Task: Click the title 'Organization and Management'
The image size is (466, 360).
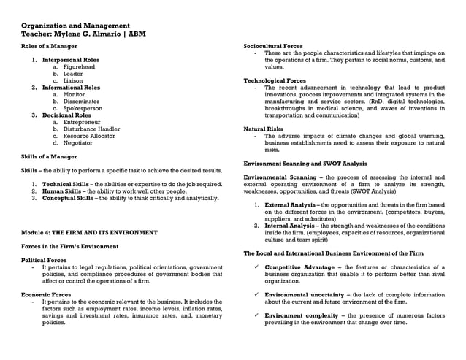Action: pos(75,26)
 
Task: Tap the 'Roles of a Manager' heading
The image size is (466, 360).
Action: pos(49,46)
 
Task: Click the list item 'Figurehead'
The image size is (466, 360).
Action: pos(79,66)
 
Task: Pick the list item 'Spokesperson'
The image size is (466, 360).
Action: pos(83,108)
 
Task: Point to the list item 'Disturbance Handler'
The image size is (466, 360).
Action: pos(91,129)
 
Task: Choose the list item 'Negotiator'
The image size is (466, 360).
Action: pos(78,143)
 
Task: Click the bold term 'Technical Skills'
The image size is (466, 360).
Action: pos(65,184)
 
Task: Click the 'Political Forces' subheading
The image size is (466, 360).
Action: pos(43,260)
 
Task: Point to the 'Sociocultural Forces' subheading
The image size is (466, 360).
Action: pos(272,46)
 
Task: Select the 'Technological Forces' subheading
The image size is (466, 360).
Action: pos(275,80)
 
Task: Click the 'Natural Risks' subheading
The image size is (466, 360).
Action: pos(263,129)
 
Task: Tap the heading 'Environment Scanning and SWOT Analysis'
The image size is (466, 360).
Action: pos(305,164)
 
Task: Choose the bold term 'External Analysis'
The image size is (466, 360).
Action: pos(290,204)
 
